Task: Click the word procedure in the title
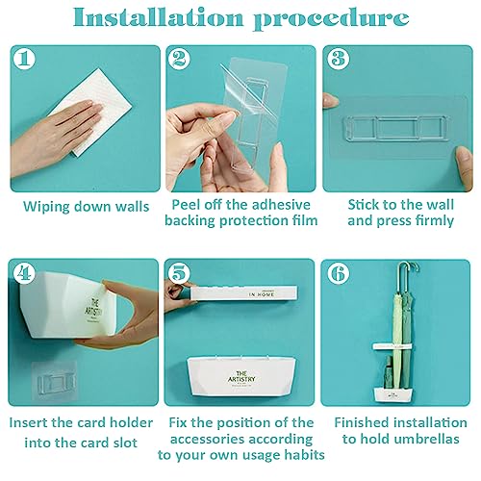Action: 331,19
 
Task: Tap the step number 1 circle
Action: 24,59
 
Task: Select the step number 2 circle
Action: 180,59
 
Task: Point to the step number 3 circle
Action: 338,59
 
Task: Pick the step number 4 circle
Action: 24,273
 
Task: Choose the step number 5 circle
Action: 180,273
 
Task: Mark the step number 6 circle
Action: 339,273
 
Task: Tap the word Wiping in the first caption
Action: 45,207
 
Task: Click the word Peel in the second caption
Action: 186,205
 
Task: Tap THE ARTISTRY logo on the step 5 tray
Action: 241,377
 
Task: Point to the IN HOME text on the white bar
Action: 262,294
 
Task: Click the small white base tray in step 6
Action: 393,394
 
